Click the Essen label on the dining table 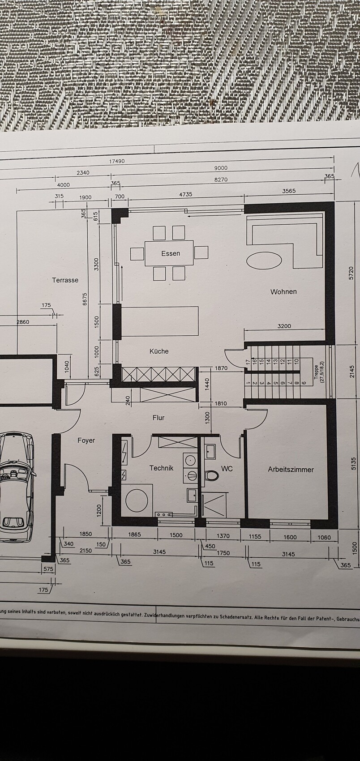pos(171,253)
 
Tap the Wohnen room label pos(283,291)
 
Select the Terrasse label pos(65,280)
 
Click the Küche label pos(159,351)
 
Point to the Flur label pos(159,418)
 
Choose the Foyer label pos(86,440)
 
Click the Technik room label pos(162,468)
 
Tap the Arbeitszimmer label pos(291,470)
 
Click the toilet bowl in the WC pos(211,475)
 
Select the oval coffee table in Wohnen pos(264,261)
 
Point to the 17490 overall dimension pos(116,161)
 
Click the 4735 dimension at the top pos(186,194)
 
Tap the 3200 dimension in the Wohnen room pos(284,326)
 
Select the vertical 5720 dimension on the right pos(351,273)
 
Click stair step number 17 pos(248,362)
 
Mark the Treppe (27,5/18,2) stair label pos(319,374)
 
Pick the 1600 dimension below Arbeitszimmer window pos(290,537)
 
